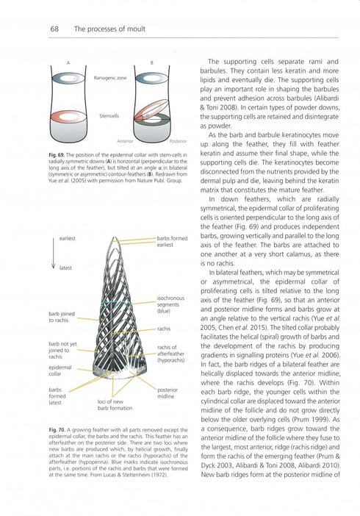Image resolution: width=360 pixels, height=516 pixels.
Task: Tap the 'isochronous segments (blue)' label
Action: click(172, 304)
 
